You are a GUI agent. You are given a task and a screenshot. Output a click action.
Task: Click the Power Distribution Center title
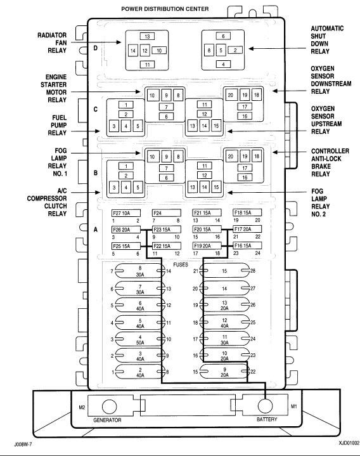(165, 9)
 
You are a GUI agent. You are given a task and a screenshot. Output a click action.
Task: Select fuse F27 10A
(126, 213)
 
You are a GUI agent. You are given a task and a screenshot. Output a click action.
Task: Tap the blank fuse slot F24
(167, 213)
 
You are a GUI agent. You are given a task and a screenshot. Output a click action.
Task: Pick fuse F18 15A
(247, 212)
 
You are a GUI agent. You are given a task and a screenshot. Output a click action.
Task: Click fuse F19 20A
(207, 245)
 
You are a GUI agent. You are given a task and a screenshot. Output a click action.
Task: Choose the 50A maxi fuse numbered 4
(140, 340)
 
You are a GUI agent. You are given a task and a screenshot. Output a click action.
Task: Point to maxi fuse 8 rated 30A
(140, 271)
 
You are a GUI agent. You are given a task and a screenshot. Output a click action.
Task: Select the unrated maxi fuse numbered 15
(224, 271)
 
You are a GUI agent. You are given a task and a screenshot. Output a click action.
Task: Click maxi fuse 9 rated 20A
(224, 372)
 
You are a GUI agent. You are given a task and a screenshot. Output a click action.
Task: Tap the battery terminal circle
(266, 406)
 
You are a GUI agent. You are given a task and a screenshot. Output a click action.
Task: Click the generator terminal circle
(109, 407)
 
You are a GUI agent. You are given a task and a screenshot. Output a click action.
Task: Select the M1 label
(294, 407)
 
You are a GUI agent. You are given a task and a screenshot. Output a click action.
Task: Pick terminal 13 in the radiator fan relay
(147, 36)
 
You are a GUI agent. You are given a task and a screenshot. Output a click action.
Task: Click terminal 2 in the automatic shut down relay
(235, 50)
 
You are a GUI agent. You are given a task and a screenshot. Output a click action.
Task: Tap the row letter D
(95, 48)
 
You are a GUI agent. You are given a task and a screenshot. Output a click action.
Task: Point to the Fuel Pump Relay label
(57, 126)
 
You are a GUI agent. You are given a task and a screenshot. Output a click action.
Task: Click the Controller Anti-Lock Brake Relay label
(330, 162)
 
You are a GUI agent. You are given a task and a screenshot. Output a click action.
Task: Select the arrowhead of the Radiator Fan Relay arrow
(119, 42)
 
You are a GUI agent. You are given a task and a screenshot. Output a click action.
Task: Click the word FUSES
(181, 264)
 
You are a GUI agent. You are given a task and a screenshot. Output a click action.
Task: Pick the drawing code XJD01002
(349, 443)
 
